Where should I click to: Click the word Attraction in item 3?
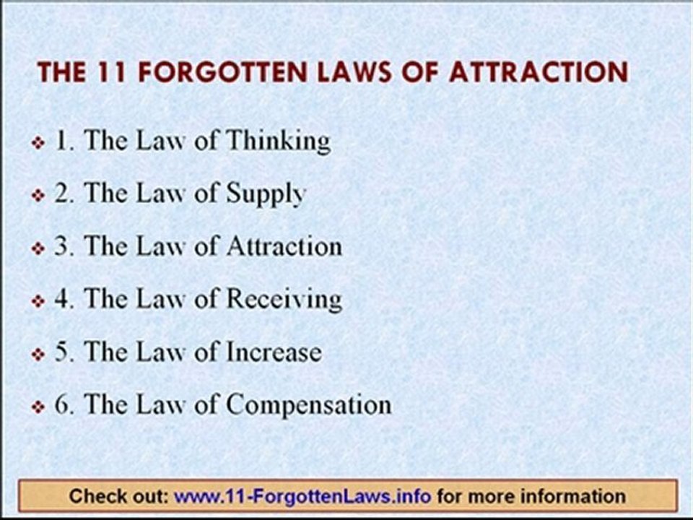coord(284,246)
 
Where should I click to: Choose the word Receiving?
coord(284,300)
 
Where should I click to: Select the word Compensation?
coord(309,405)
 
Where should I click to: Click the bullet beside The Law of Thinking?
coord(40,143)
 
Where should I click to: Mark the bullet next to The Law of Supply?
coord(40,196)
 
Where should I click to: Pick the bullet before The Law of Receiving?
coord(40,301)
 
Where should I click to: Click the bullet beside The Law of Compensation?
coord(40,407)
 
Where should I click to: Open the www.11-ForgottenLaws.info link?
coord(302,496)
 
